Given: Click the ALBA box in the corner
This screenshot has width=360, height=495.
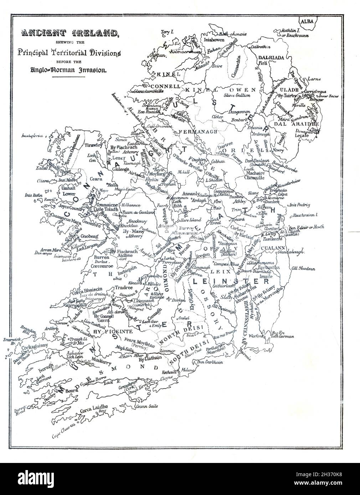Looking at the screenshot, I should tap(307, 21).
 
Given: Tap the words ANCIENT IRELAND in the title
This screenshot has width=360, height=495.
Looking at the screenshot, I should tap(70, 34).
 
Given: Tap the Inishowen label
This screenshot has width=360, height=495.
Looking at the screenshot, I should tap(213, 40).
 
